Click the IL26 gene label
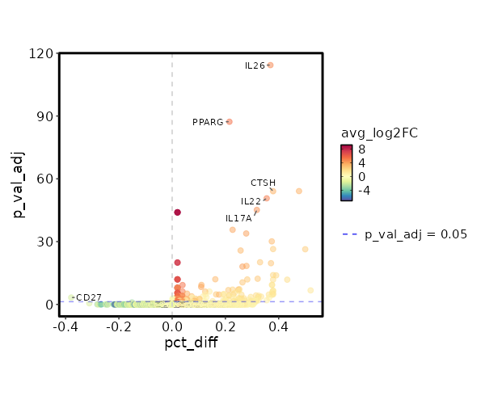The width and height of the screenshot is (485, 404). point(255,65)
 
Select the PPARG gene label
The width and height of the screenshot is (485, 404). point(208,122)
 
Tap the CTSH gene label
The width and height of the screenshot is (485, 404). point(263,183)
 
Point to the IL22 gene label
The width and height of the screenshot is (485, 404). point(251,201)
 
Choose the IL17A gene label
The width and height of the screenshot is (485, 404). point(238,218)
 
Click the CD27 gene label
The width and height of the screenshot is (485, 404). point(89,297)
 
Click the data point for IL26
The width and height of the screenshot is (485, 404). point(271,65)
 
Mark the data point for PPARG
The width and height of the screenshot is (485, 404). point(230,122)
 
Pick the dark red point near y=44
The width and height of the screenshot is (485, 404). point(177,213)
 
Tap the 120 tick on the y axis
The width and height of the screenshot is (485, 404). point(44,53)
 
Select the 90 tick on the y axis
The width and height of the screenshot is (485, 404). point(47,116)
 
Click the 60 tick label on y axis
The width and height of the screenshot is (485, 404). point(47,179)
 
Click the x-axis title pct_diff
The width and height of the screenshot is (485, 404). point(191,343)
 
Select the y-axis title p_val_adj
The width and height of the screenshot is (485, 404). point(18,183)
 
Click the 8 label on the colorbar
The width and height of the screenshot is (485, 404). point(362,149)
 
